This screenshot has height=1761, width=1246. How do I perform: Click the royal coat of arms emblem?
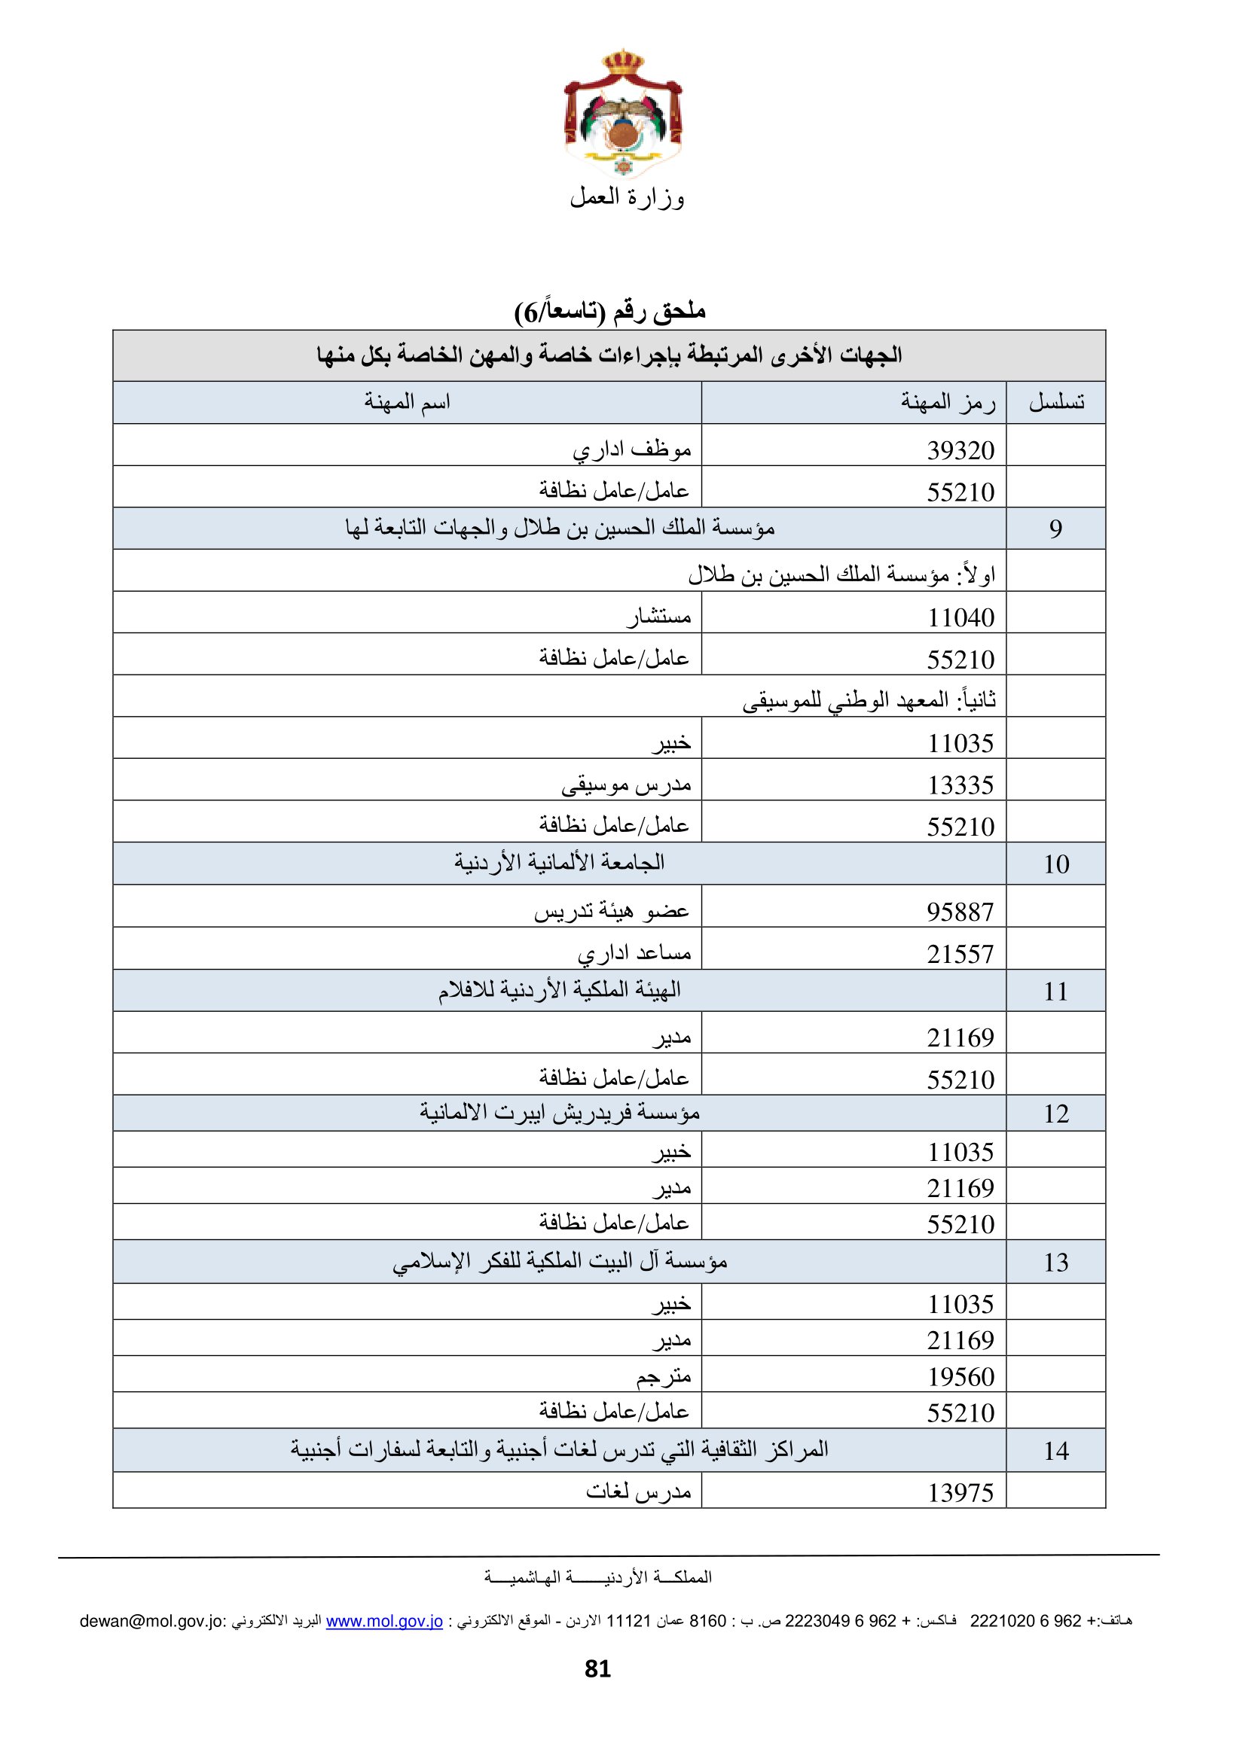(622, 115)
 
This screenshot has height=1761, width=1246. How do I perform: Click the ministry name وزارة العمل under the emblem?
(626, 198)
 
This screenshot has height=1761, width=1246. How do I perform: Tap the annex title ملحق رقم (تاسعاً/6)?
(610, 312)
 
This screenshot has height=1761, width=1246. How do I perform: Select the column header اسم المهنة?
(407, 402)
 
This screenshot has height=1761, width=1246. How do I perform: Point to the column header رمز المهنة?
(948, 402)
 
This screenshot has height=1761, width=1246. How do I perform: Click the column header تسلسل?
(1055, 402)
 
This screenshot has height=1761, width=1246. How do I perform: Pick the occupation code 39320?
(960, 450)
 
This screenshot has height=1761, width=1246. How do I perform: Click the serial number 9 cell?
(1055, 529)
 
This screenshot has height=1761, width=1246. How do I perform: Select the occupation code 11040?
(960, 617)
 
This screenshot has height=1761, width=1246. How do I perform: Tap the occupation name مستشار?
(658, 616)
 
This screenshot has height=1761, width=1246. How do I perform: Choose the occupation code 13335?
(960, 785)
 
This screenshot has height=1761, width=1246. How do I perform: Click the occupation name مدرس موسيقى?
(626, 785)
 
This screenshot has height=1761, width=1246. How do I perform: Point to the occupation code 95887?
(960, 911)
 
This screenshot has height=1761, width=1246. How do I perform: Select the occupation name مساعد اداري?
(634, 953)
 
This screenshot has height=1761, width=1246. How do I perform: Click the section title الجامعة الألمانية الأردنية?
(559, 863)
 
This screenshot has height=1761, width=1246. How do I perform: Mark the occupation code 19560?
(960, 1377)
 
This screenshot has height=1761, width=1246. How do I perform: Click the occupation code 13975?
(960, 1492)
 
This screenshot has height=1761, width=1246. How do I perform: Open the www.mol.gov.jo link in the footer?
(384, 1621)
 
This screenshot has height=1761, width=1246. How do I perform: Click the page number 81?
(597, 1669)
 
